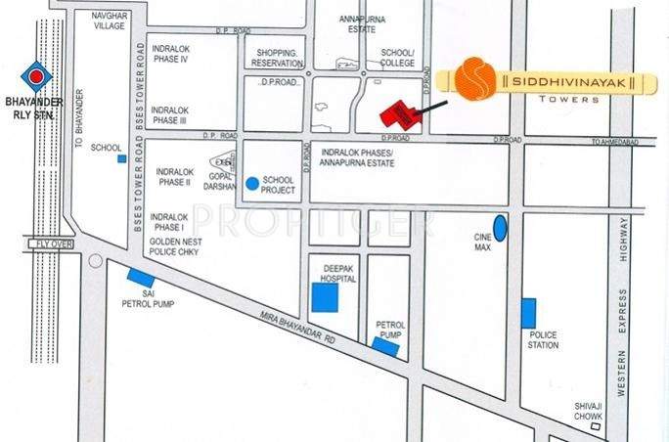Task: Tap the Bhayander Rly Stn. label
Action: (x=34, y=107)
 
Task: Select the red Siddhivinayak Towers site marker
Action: (x=401, y=111)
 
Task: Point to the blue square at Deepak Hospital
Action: (x=324, y=297)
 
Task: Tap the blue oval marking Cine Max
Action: (x=500, y=228)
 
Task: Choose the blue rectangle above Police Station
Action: (x=528, y=313)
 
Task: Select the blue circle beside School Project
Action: (x=252, y=182)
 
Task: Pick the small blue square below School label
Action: (x=121, y=158)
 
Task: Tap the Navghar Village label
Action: (x=109, y=22)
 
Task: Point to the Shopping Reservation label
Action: (x=277, y=57)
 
